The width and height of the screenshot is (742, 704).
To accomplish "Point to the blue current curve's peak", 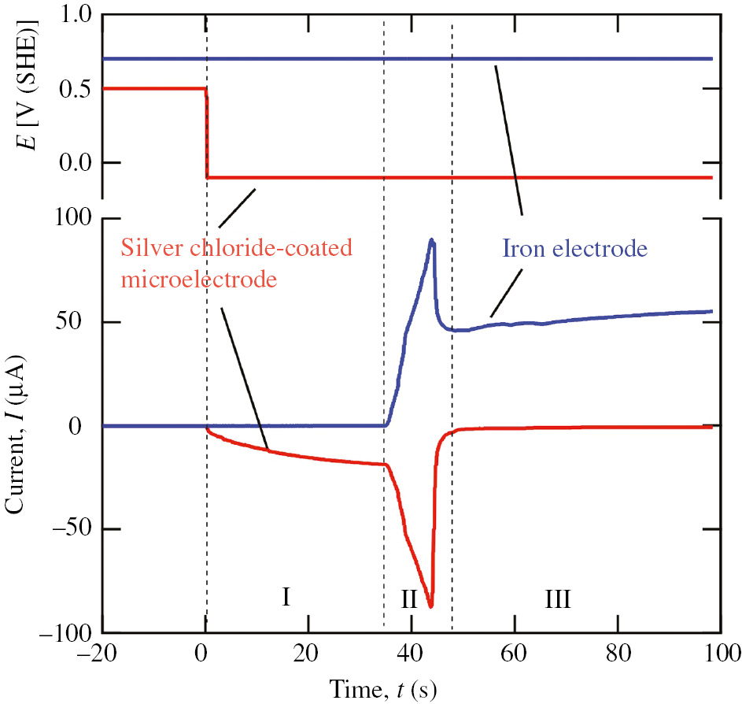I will click(x=432, y=240).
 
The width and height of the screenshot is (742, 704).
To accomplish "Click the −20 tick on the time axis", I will click(x=102, y=653).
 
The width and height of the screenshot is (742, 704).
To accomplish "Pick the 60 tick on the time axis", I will click(x=515, y=653).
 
